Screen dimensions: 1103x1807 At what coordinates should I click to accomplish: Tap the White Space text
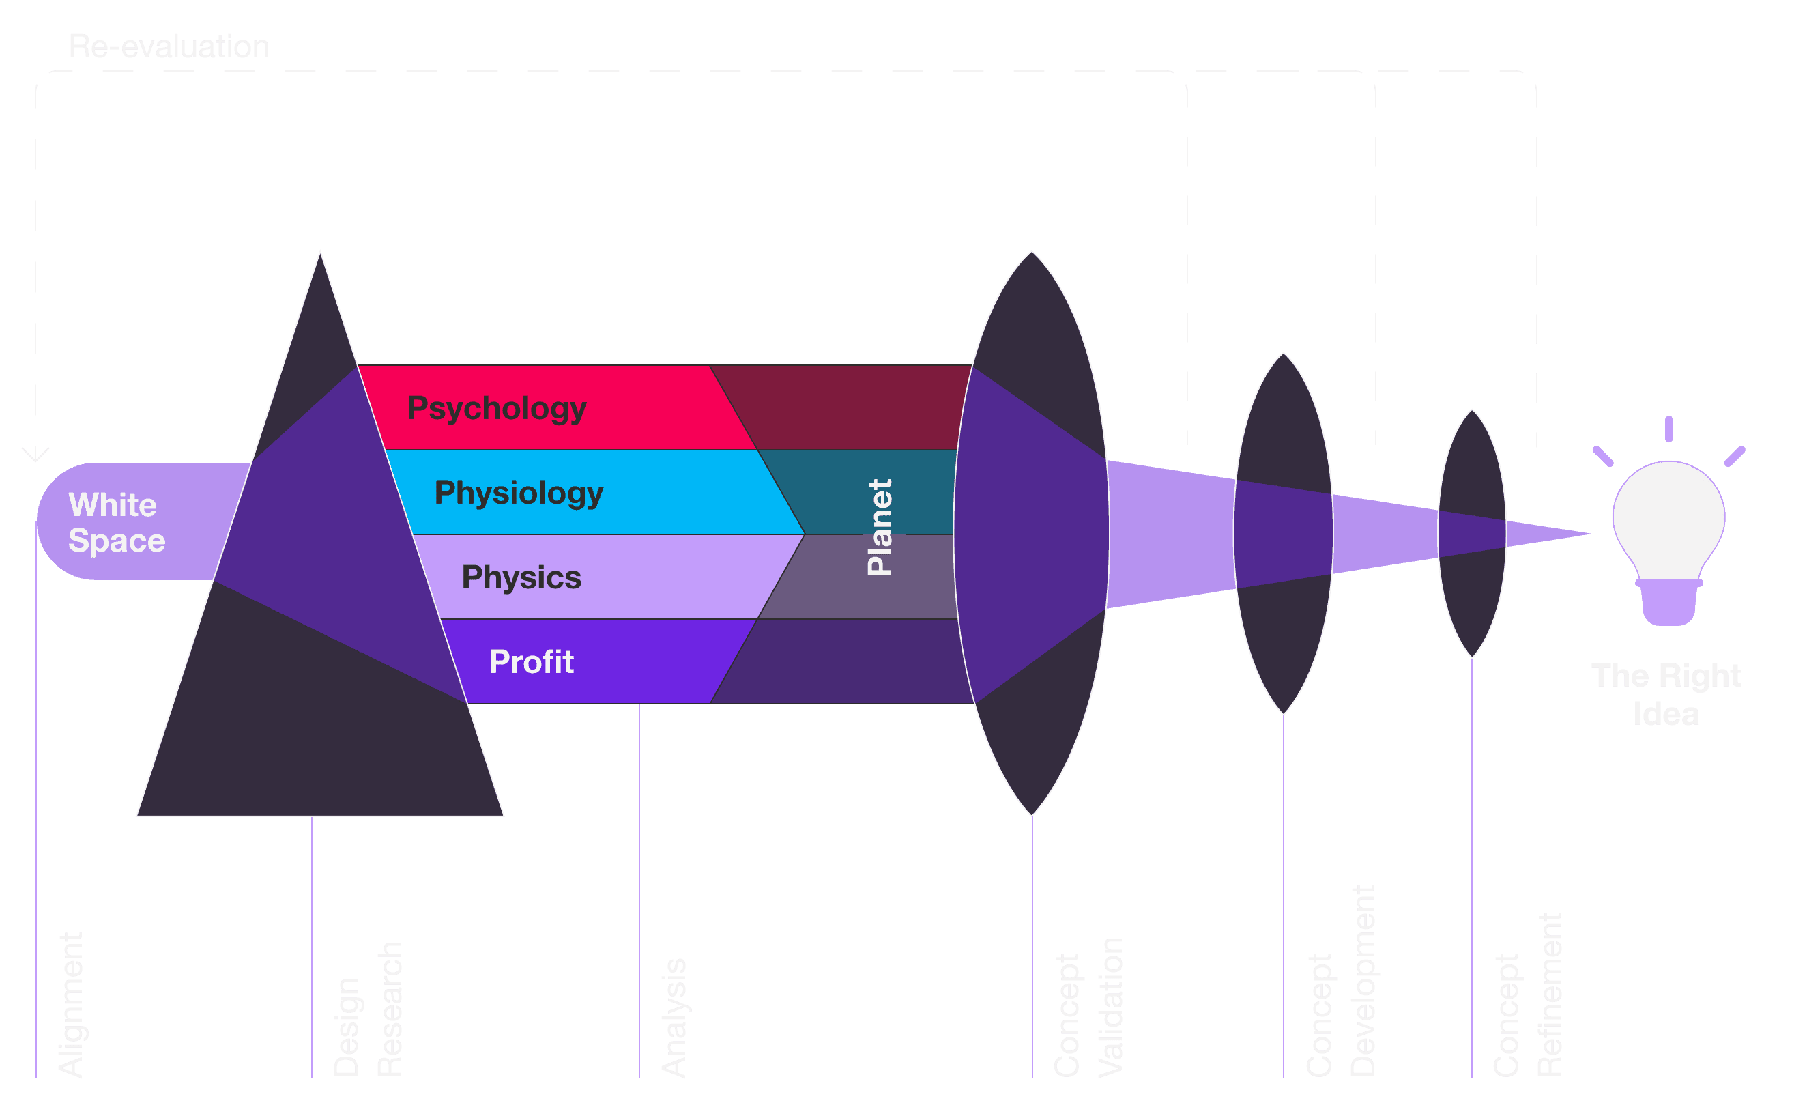[116, 522]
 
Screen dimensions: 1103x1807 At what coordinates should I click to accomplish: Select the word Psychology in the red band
[497, 408]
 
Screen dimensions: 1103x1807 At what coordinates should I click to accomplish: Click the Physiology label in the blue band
[519, 493]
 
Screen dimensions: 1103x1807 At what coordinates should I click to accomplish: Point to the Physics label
[521, 578]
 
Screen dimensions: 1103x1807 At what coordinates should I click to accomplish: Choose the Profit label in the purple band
[531, 662]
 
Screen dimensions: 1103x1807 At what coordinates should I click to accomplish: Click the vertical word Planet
[880, 528]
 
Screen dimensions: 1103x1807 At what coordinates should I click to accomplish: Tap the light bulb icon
[1668, 528]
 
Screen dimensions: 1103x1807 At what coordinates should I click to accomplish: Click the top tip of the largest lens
[1032, 253]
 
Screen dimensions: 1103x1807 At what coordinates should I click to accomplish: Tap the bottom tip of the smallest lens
[1472, 657]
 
